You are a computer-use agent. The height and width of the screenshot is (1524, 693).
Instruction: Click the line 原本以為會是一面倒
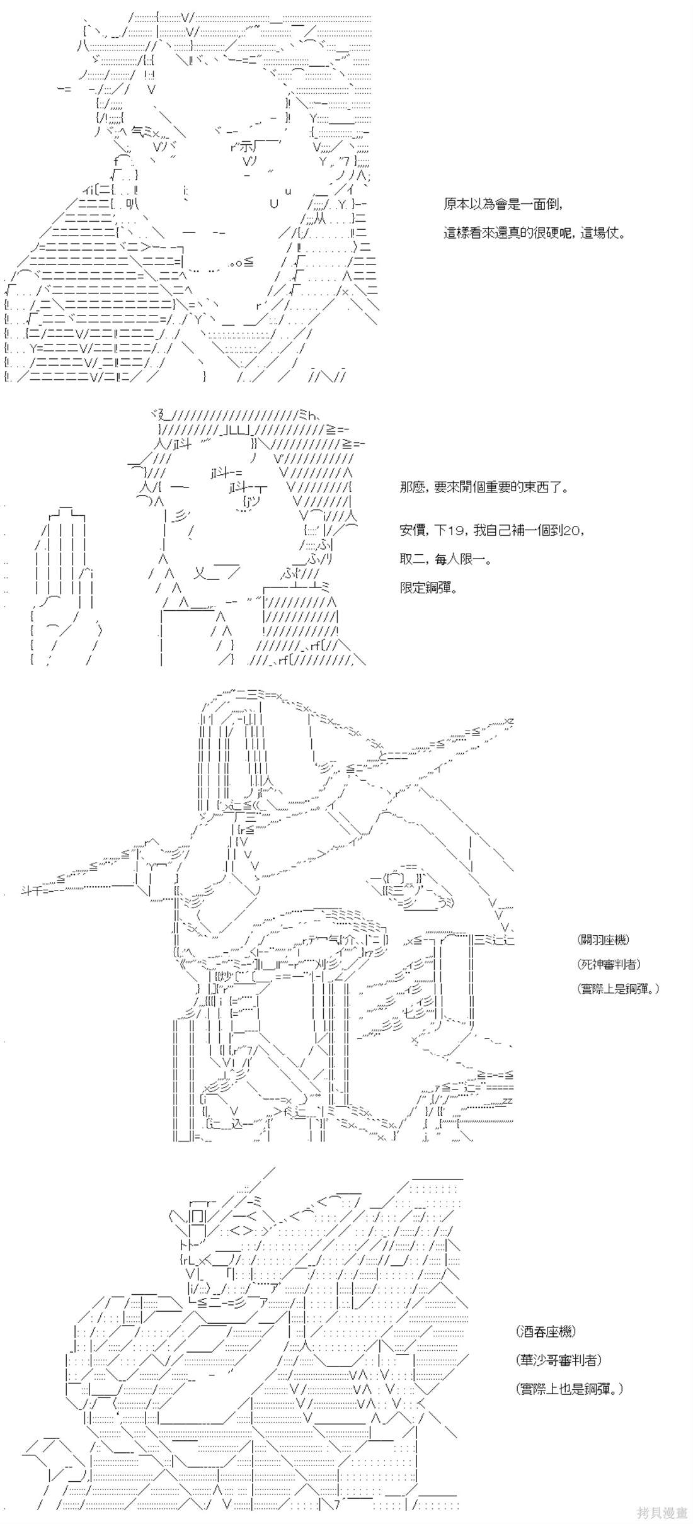[502, 205]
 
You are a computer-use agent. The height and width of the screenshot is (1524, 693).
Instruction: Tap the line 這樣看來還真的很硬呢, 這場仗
[534, 233]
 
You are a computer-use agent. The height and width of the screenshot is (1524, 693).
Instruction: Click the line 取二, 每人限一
[445, 559]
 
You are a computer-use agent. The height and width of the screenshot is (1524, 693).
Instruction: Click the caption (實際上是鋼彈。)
[618, 989]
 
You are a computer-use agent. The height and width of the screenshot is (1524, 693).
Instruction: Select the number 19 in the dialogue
[457, 530]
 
